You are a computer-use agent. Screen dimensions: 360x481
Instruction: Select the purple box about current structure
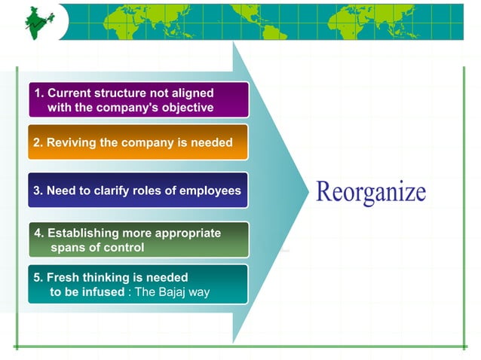click(138, 100)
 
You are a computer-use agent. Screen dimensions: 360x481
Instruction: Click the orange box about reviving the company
click(138, 142)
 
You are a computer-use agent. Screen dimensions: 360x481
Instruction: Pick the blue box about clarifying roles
click(138, 191)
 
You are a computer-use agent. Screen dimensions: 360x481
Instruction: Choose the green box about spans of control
click(138, 240)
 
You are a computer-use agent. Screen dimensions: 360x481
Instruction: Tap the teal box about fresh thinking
click(138, 285)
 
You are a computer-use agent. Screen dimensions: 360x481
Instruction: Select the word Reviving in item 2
click(70, 142)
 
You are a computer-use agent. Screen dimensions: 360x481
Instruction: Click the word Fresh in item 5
click(63, 277)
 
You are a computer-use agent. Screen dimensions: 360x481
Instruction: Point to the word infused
click(101, 292)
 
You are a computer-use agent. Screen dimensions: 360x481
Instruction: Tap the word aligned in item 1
click(191, 93)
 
